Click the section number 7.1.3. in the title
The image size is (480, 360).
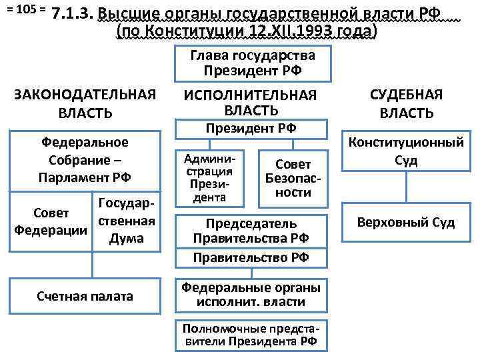coord(71,15)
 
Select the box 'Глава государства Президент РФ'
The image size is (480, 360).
coord(251,64)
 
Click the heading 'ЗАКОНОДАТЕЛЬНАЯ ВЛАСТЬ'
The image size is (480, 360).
coord(85,105)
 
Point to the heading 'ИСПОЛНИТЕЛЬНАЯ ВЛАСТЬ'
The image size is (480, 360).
coord(251,101)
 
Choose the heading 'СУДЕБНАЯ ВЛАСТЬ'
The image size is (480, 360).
coord(406,104)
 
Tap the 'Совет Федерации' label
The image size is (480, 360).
coord(51,222)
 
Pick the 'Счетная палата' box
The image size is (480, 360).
coord(85,295)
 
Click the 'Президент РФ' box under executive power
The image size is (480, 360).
coord(251,129)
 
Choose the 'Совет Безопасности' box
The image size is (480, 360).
coord(293,178)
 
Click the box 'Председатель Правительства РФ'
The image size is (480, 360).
coord(251,231)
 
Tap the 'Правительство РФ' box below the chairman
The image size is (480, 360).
coord(251,257)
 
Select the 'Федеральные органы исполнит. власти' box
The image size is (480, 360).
coord(251,294)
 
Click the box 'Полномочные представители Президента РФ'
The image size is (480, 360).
coord(251,335)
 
